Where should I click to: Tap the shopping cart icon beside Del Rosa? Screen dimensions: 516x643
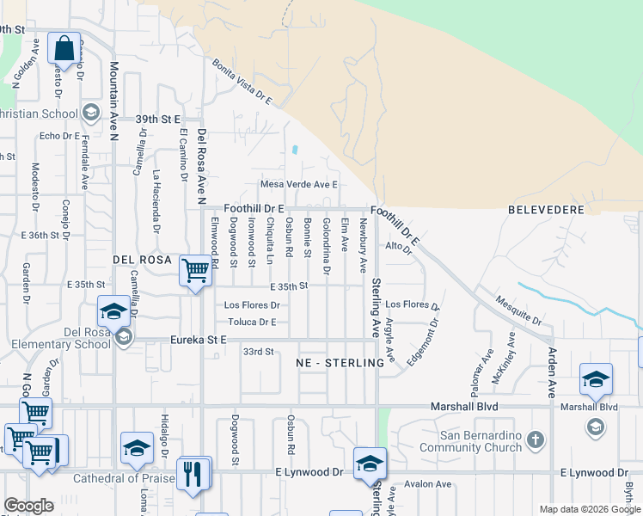pos(195,271)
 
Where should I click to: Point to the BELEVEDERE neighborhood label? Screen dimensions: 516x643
pos(546,209)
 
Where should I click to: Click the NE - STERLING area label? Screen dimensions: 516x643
pos(340,363)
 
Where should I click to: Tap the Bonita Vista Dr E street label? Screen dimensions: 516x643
pos(242,82)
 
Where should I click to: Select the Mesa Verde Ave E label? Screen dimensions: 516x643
pos(299,184)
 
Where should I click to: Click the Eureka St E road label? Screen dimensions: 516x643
pos(197,341)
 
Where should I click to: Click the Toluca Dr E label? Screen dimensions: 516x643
pos(252,322)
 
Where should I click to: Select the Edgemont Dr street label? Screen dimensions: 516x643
pos(423,343)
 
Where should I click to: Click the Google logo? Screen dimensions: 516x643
pos(28,506)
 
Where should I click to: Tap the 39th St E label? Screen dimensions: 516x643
pos(157,119)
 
